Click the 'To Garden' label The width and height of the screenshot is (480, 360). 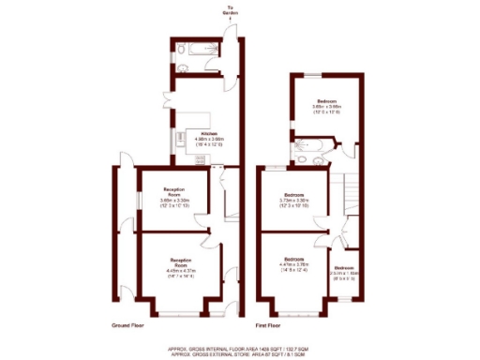pyautogui.click(x=230, y=12)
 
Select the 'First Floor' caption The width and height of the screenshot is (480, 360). pyautogui.click(x=269, y=325)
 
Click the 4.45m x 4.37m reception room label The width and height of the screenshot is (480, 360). pyautogui.click(x=180, y=266)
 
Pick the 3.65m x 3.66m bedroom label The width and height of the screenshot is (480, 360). pyautogui.click(x=327, y=104)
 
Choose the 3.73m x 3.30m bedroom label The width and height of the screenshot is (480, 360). pyautogui.click(x=293, y=198)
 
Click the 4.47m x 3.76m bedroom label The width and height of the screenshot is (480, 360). pyautogui.click(x=293, y=262)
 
